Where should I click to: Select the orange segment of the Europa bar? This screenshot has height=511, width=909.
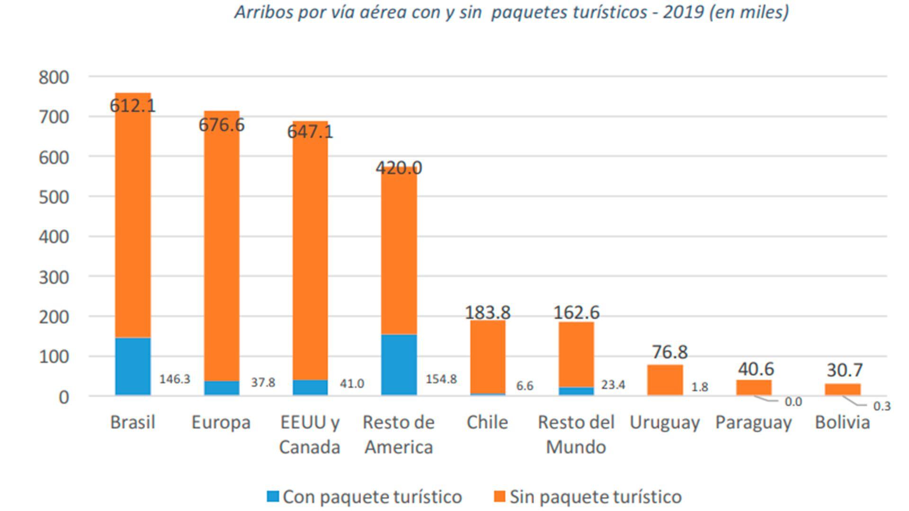point(222,246)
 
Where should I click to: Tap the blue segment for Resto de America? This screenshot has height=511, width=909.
point(399,364)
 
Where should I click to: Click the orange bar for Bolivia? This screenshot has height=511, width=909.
point(843,389)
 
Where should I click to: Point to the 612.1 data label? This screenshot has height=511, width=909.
point(133,106)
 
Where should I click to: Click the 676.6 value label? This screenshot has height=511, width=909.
point(222,125)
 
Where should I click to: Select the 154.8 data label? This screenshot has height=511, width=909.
point(441,379)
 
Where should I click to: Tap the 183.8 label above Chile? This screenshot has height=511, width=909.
point(488,312)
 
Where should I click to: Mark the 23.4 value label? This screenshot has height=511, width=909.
point(613,385)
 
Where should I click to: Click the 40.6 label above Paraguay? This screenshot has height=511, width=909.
point(756,369)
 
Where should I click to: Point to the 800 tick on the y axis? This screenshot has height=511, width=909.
point(54,77)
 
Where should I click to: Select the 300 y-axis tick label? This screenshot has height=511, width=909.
point(54,277)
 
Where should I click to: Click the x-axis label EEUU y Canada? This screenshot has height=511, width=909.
point(310,434)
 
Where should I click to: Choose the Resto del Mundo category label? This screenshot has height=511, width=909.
point(576,434)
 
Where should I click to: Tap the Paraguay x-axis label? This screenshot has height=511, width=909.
point(754,423)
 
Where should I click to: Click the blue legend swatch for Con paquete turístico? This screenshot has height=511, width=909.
point(273,496)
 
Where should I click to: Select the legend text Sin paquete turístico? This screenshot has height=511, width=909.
point(596,497)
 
